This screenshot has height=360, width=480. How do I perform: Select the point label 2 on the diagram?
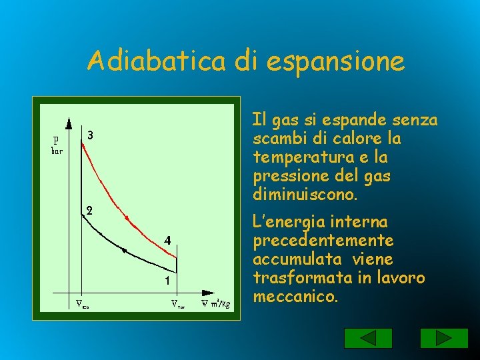point(89,210)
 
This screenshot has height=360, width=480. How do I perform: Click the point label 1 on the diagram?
point(167,281)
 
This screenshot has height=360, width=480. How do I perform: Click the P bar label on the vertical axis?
point(57,145)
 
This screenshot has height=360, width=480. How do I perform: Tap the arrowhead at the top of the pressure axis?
point(69,123)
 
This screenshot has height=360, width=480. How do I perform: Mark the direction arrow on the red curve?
point(127,217)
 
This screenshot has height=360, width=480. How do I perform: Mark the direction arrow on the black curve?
point(124,250)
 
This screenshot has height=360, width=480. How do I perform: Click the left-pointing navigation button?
point(359,338)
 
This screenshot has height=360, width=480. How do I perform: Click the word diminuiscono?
point(305,195)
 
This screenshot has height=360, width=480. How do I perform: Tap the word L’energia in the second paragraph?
point(283,221)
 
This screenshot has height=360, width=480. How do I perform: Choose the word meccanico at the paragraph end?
point(295,295)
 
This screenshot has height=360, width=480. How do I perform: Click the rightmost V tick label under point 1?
point(177,306)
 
